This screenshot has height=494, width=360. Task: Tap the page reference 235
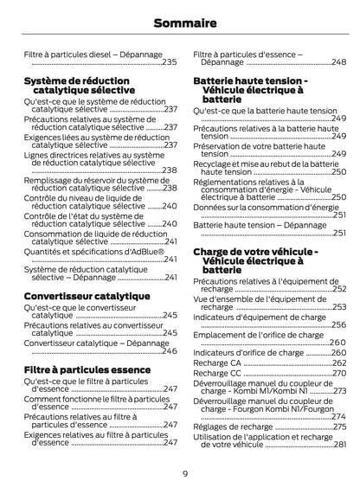click(x=170, y=62)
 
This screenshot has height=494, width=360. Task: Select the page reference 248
click(x=340, y=62)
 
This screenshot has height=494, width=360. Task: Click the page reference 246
click(x=170, y=352)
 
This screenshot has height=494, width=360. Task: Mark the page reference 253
click(x=339, y=307)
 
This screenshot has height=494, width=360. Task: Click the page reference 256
click(x=339, y=325)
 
